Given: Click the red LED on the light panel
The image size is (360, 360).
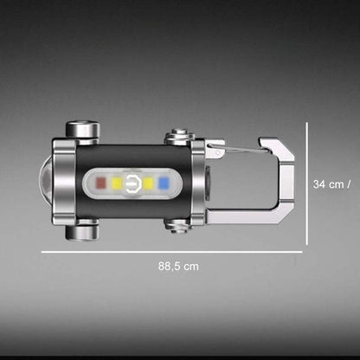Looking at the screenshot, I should point(100,183).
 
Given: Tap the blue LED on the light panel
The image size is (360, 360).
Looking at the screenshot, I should point(163,183).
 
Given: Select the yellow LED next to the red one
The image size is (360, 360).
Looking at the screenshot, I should point(116,183).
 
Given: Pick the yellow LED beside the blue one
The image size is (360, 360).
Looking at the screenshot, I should point(148,183).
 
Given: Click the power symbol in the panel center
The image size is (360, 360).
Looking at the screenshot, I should point(132,183).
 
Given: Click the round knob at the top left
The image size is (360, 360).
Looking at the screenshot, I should point(82,131).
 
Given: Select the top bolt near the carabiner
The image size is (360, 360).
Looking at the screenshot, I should point(180,136).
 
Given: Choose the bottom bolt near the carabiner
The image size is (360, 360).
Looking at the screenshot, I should point(178,225).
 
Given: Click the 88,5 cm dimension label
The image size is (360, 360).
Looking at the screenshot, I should point(177,267).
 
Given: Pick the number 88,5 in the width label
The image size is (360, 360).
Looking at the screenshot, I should point(169,267).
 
